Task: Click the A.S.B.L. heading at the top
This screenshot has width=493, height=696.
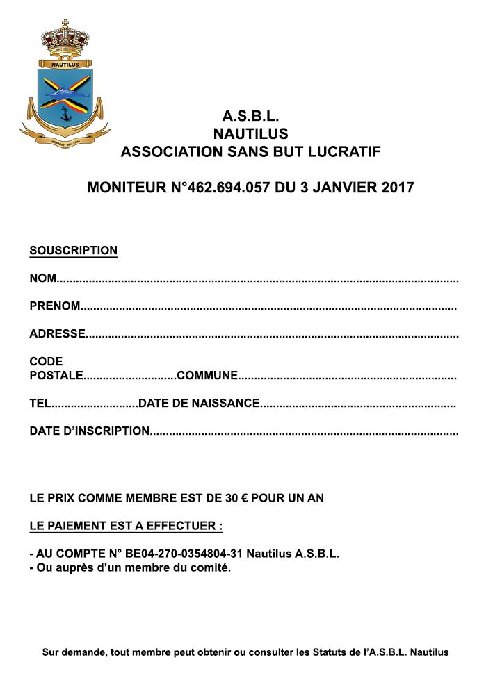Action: pos(250,116)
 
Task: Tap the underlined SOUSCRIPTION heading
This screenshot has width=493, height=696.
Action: pos(73,251)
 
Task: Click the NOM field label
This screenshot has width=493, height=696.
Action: pos(42,279)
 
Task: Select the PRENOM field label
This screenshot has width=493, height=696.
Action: pos(55,306)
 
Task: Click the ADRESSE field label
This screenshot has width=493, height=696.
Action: pos(57,333)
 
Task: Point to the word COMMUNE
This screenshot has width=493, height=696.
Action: pos(207,376)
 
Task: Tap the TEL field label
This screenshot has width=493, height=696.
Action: pos(40,403)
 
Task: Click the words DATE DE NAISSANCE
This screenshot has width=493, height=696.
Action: pos(199,403)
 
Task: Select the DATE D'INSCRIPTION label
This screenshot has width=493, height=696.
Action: pos(89,431)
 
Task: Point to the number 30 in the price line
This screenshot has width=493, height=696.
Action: pos(232,498)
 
